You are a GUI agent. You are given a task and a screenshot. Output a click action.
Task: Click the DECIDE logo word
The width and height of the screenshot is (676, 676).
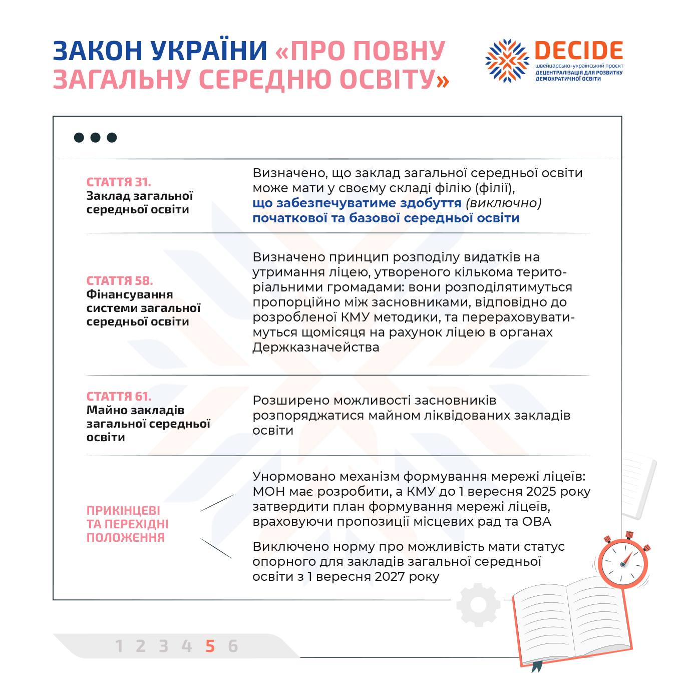578,51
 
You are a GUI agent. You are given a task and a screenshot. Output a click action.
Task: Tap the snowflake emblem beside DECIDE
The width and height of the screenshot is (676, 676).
507,61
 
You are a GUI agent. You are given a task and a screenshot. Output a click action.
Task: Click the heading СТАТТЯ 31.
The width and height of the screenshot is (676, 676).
119,182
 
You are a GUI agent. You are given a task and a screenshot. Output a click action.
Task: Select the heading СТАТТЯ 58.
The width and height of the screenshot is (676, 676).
120,281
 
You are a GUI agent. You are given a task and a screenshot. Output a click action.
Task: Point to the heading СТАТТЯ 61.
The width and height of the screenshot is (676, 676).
119,397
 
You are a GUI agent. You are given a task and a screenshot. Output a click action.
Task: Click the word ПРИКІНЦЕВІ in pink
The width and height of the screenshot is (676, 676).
123,511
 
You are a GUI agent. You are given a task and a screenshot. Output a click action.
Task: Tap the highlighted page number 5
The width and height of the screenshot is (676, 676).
210,646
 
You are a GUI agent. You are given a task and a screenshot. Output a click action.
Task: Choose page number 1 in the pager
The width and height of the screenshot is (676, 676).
119,646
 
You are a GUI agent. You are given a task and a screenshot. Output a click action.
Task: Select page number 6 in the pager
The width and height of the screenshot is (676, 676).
233,646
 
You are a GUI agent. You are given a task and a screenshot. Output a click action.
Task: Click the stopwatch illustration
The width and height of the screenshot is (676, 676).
623,563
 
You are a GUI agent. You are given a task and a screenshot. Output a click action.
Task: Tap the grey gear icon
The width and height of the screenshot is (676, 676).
478,605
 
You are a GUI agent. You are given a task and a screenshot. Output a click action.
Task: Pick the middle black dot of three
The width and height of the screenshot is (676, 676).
95,138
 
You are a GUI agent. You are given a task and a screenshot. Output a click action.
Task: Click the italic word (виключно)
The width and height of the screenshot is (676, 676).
503,203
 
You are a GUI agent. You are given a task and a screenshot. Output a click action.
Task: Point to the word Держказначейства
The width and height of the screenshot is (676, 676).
315,348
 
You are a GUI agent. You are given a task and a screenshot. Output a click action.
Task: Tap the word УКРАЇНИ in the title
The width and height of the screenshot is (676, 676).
209,51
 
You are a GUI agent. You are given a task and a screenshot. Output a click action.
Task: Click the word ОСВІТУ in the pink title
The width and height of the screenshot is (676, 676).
394,79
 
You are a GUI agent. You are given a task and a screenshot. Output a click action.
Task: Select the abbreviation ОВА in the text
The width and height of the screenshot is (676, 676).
536,522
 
